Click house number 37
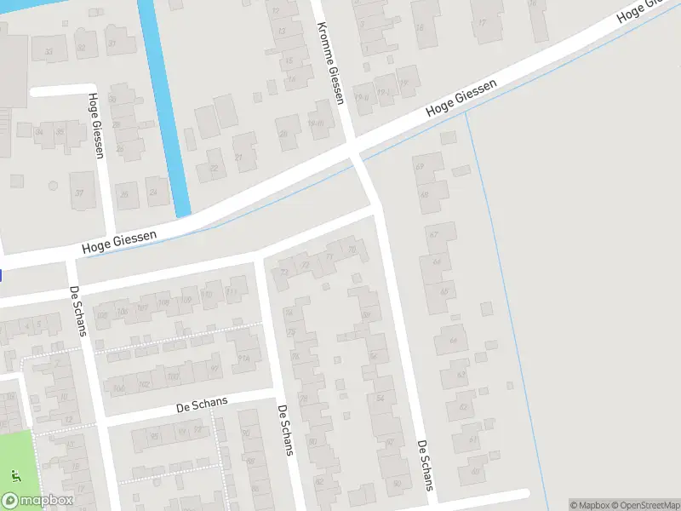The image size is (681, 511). tap(81, 192)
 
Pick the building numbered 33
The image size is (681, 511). tap(49, 52)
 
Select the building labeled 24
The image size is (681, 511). tap(154, 193)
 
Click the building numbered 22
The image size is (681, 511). tap(213, 168)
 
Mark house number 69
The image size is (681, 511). tap(420, 166)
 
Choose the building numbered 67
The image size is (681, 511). tap(434, 235)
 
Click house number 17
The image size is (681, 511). tap(483, 24)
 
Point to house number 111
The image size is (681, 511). tap(231, 293)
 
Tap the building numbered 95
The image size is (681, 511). tap(154, 437)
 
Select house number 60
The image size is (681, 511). tap(398, 484)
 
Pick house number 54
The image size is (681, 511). tap(380, 398)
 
